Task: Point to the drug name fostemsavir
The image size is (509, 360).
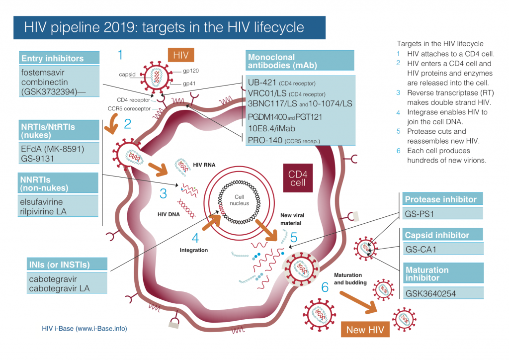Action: pyautogui.click(x=43, y=72)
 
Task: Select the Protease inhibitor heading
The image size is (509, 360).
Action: pyautogui.click(x=440, y=199)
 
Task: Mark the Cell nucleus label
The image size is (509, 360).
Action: pyautogui.click(x=233, y=200)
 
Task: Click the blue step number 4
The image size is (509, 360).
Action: pyautogui.click(x=196, y=238)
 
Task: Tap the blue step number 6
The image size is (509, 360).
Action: pyautogui.click(x=325, y=287)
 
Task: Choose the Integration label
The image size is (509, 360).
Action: pyautogui.click(x=193, y=250)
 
